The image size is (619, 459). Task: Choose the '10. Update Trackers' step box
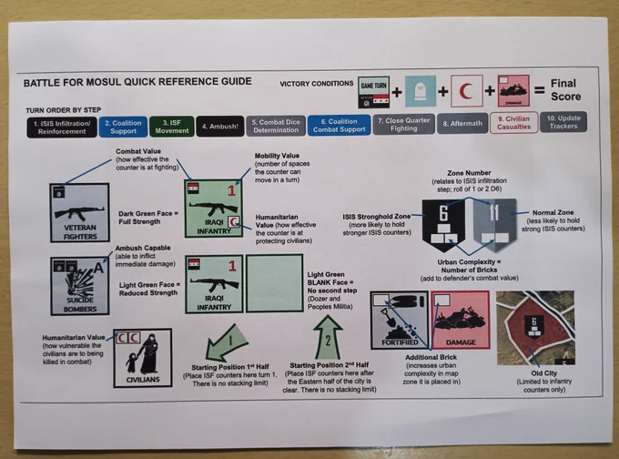[x=563, y=122]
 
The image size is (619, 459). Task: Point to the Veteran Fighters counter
[x=79, y=212]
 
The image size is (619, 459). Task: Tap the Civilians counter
[x=143, y=356]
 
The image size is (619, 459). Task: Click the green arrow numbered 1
[x=230, y=342]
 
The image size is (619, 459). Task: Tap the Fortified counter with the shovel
[x=399, y=321]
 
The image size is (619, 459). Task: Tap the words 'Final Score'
[x=563, y=90]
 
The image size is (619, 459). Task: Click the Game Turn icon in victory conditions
[x=375, y=91]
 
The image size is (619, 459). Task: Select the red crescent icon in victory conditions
[x=467, y=91]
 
